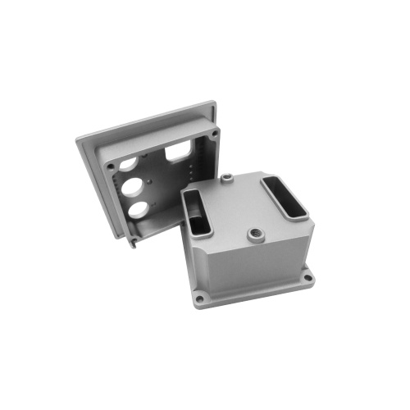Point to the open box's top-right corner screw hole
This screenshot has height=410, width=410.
[x=215, y=132]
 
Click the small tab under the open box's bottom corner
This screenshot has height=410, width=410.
[x=134, y=244]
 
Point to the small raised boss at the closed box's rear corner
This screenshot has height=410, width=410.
[x=225, y=176]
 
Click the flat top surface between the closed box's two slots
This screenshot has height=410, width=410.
[x=238, y=205]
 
